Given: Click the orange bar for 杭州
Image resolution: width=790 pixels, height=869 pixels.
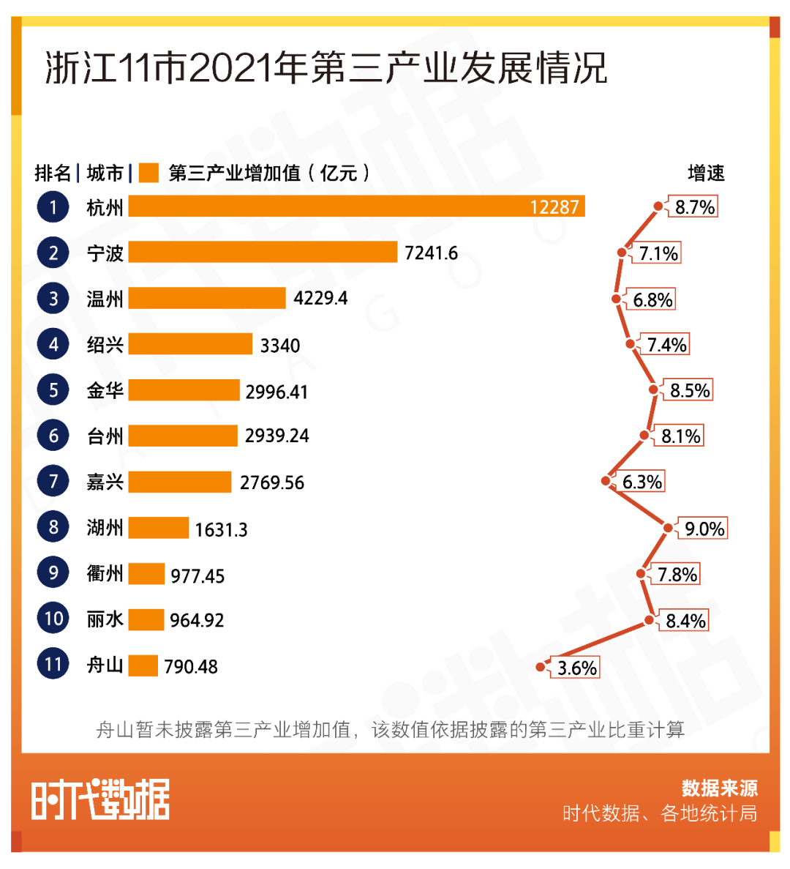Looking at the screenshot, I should [356, 206].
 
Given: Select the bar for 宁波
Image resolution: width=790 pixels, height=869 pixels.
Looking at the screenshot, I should [263, 253].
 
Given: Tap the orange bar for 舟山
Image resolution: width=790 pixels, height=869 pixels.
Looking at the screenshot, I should [143, 665].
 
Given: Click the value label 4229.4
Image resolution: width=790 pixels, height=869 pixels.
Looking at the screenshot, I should [320, 299].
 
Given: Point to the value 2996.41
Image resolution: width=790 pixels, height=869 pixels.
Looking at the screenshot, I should [276, 392].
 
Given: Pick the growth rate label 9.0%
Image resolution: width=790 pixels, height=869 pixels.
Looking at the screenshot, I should [704, 529].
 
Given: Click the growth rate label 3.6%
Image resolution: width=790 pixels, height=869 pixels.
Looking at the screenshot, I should [577, 668].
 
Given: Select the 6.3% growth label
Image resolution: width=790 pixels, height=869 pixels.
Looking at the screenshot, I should [642, 482].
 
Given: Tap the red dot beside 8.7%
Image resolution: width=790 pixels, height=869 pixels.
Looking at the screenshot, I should [658, 206].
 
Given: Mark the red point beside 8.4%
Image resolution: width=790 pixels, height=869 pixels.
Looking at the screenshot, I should [649, 620].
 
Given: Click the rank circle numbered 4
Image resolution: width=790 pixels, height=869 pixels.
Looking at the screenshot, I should [53, 344].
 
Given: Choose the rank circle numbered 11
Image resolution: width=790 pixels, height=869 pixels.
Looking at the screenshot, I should [53, 664].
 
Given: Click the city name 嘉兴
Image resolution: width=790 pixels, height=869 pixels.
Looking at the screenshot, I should [105, 482].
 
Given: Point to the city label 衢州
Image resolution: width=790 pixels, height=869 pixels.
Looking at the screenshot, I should [105, 573].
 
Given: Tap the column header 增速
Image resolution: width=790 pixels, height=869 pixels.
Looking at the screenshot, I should [706, 174].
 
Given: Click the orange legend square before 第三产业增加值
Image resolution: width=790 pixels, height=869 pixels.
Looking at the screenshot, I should [148, 174].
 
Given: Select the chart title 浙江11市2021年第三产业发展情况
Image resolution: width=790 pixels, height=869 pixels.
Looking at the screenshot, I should [326, 69].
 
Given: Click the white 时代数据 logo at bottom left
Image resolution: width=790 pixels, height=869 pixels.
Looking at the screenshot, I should [100, 799].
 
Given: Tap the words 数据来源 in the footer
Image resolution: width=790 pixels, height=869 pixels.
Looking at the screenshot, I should [719, 788].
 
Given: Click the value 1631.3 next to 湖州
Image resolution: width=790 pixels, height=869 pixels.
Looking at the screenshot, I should [221, 529].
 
